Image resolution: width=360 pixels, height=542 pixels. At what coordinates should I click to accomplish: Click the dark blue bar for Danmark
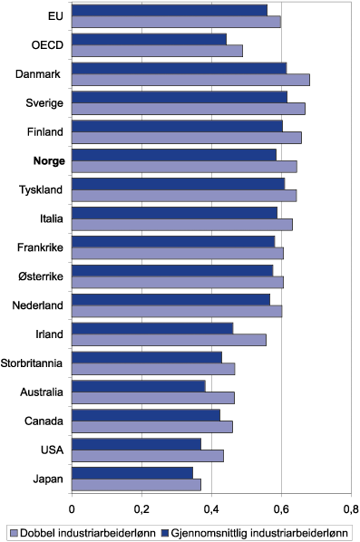coord(179,68)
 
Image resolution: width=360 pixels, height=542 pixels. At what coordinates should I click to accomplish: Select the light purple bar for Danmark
coord(190,80)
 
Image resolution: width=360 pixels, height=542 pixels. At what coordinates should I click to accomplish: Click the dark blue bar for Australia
coord(139,386)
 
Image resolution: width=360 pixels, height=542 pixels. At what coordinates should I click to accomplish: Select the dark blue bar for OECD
coord(149,39)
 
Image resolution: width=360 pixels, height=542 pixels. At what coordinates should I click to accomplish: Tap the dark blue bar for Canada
coord(146,415)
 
